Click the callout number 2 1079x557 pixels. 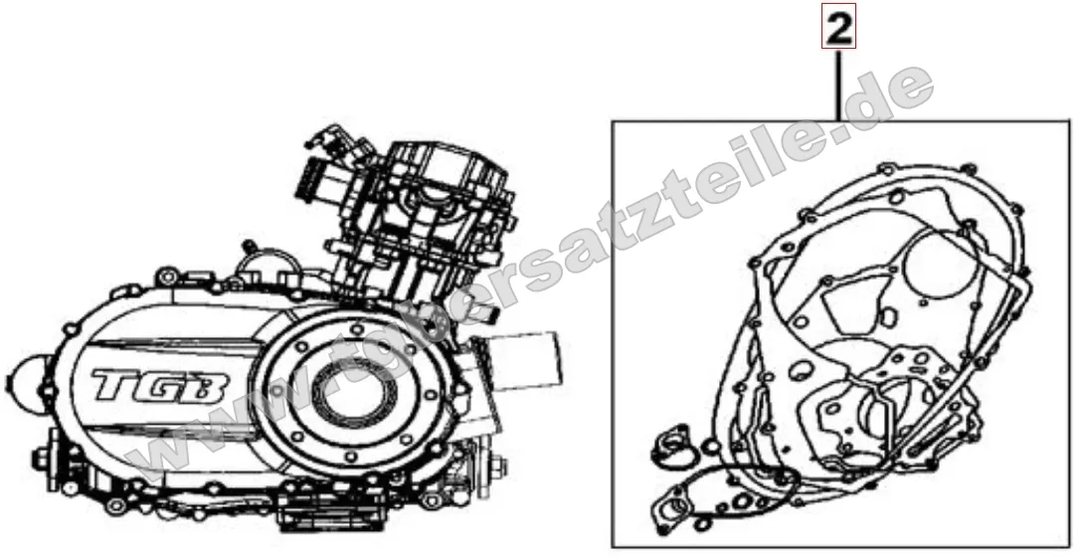838,31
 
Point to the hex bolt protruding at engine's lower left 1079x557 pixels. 45,460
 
